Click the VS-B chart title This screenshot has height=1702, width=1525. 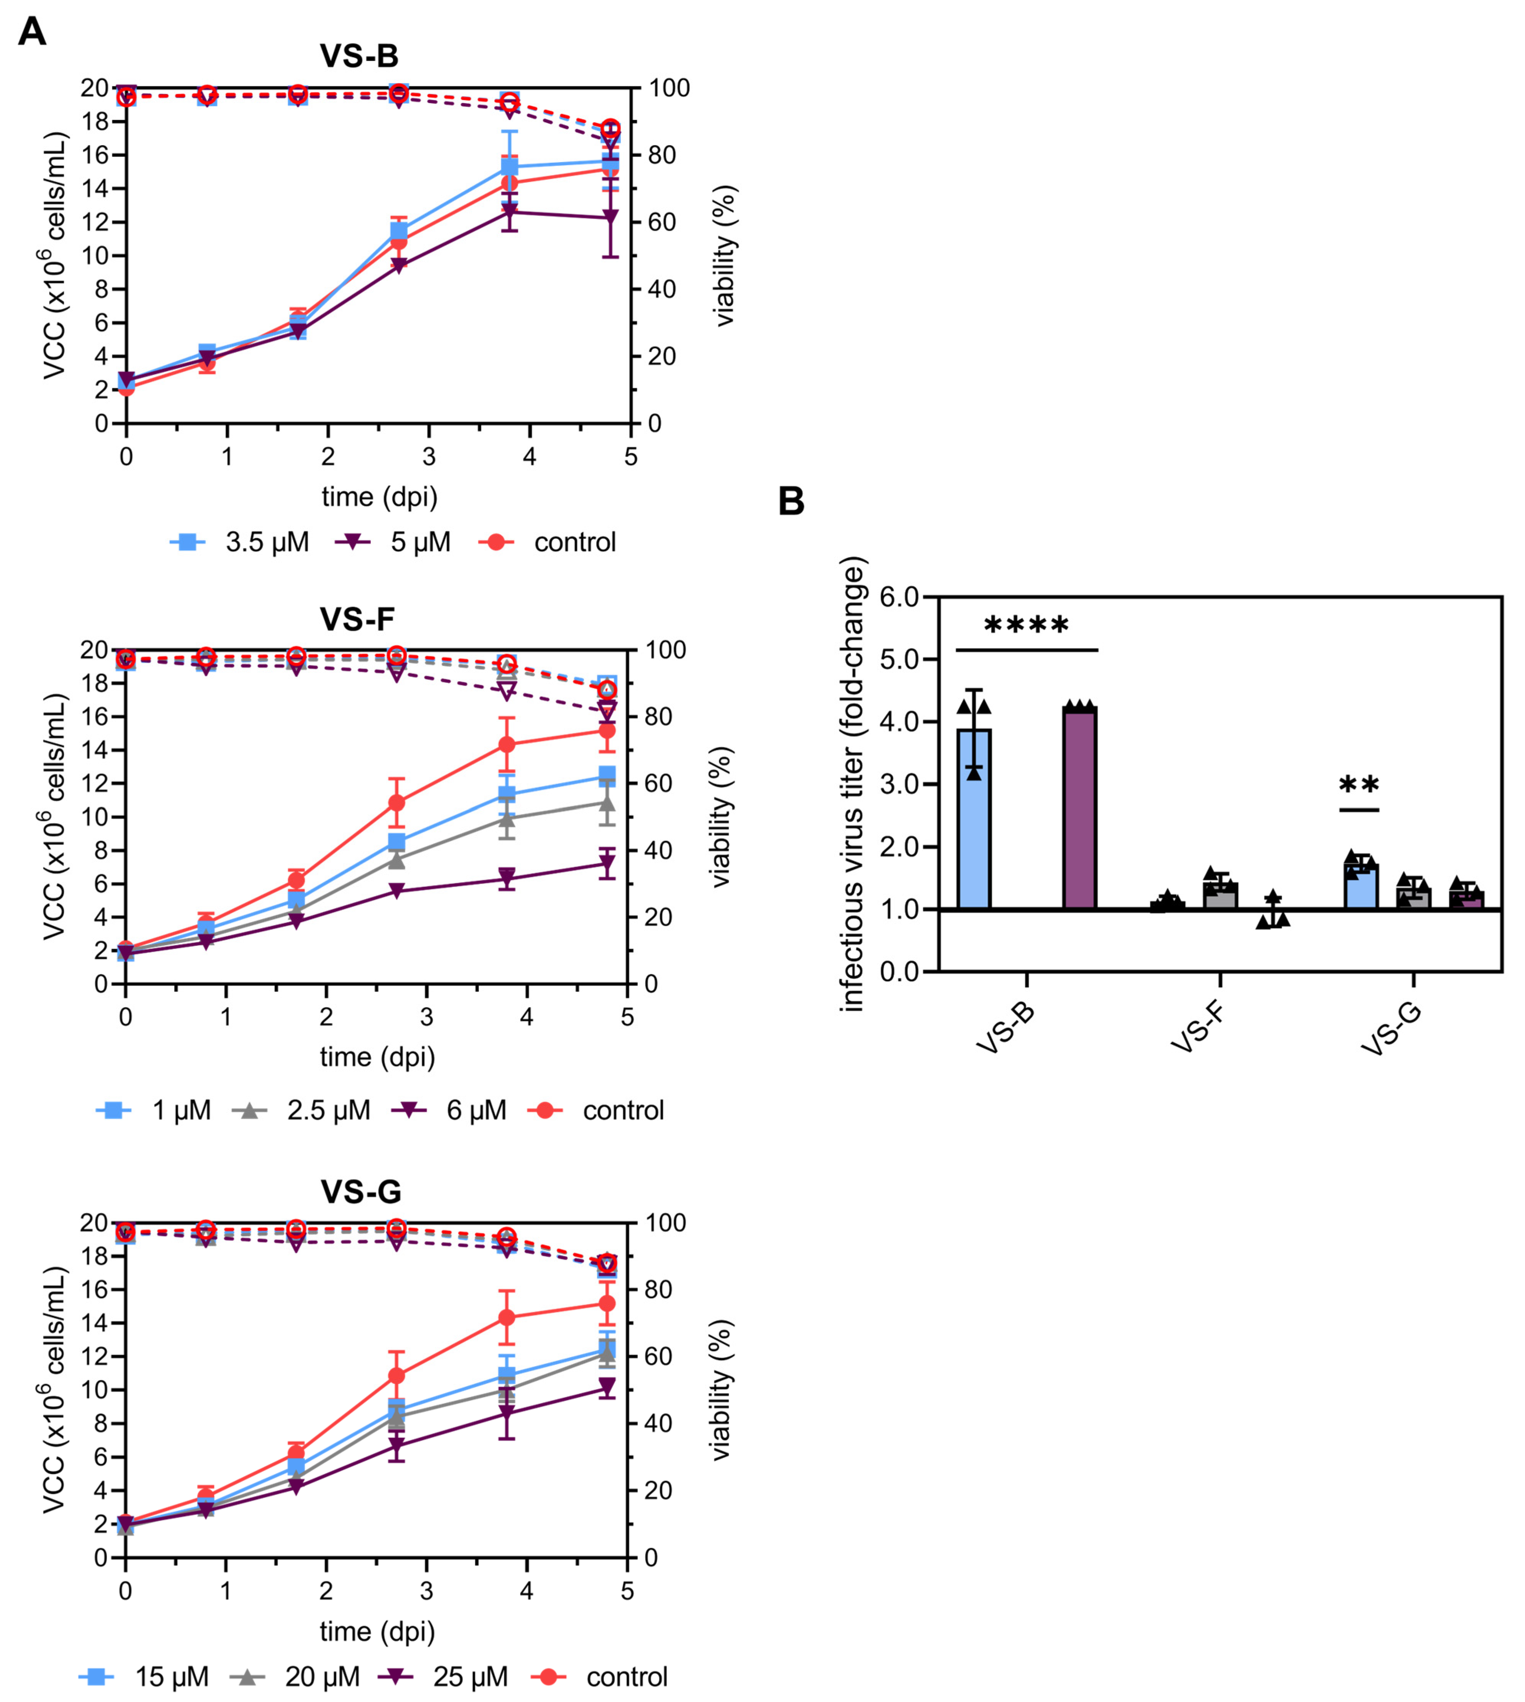[x=359, y=56]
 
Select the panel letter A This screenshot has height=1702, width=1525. [x=32, y=32]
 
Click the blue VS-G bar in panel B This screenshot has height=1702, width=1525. [x=1361, y=886]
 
